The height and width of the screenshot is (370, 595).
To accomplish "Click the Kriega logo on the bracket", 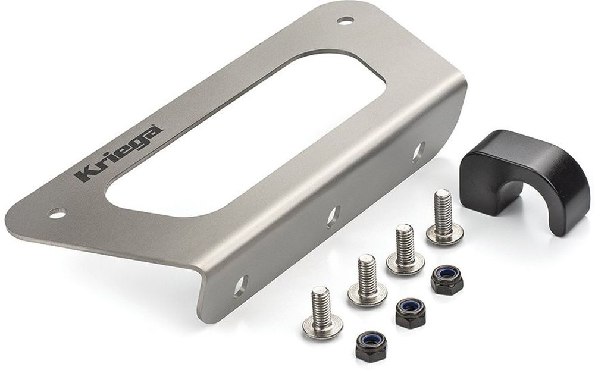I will click(x=117, y=153).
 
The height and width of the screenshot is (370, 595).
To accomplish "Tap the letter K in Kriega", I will click(x=83, y=173).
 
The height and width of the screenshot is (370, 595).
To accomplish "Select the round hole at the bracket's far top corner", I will click(x=345, y=20).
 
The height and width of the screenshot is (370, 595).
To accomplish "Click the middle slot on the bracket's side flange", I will click(x=333, y=216).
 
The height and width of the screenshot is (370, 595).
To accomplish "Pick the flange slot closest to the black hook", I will click(x=418, y=151).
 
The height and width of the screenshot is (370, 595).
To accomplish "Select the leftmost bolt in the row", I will click(x=322, y=312).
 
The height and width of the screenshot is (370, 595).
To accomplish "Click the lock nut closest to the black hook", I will click(x=447, y=279).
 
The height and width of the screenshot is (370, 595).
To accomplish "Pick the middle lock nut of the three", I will click(x=411, y=311).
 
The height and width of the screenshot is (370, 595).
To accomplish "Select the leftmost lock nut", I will click(x=371, y=343).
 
